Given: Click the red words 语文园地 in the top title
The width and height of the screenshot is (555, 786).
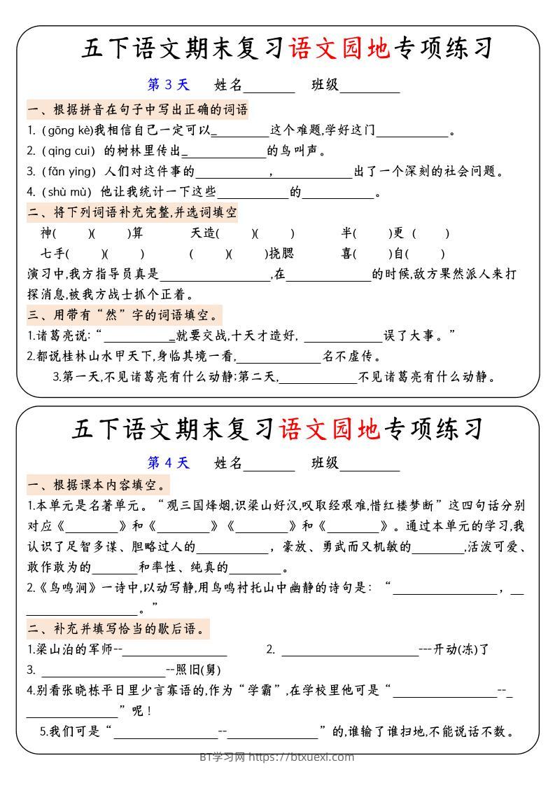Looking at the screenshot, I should tap(339, 48).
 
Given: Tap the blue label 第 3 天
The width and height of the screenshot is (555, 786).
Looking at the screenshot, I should tap(168, 85).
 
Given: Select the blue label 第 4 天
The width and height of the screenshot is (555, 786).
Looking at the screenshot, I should tap(168, 462).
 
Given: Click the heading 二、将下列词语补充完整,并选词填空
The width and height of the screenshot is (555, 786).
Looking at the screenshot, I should tap(132, 212).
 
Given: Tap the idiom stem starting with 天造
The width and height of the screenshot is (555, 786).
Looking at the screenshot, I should tap(202, 233).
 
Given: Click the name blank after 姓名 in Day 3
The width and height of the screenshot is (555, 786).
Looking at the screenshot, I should tap(269, 86).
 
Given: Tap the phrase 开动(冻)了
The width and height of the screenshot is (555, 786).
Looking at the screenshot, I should tap(462, 649).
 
